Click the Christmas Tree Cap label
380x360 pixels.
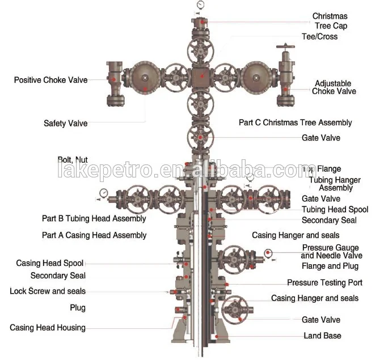tap(330, 21)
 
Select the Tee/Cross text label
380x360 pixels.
tap(319, 37)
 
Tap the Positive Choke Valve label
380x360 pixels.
tap(51, 80)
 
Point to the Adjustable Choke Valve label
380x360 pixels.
tap(334, 87)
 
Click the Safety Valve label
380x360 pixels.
tap(66, 123)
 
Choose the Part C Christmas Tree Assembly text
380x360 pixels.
tap(295, 122)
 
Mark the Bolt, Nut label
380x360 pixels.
tap(73, 159)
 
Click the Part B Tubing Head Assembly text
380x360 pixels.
tap(94, 218)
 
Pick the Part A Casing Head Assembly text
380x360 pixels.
tap(94, 235)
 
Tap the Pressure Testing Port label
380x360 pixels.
tap(324, 282)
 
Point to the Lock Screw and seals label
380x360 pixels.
tap(48, 291)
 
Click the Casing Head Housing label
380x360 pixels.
tap(48, 327)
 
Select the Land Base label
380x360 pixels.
tap(322, 336)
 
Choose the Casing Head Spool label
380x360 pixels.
tap(50, 263)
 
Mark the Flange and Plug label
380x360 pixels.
tap(330, 266)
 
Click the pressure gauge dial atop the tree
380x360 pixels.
tap(201, 5)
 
